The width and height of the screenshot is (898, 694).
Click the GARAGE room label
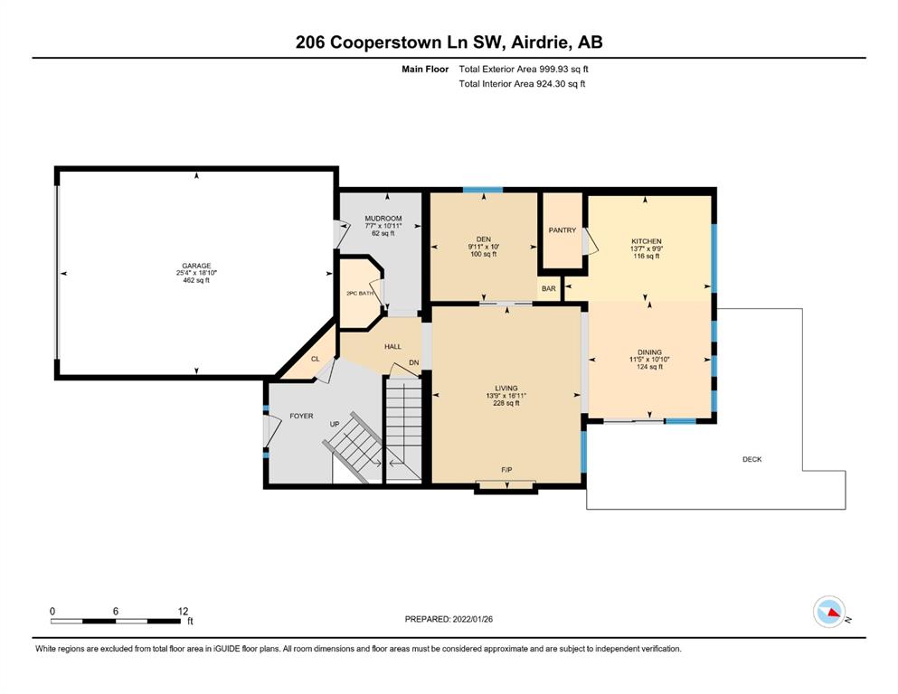(x=196, y=266)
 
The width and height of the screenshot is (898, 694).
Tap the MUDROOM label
(x=383, y=219)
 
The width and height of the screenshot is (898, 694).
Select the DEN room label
(x=483, y=239)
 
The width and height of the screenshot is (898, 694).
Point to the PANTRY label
(x=562, y=230)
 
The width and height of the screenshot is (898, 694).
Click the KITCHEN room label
(x=647, y=241)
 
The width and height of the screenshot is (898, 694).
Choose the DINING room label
(x=649, y=352)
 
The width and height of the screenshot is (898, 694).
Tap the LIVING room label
(x=506, y=389)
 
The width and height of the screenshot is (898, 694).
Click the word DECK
(x=752, y=459)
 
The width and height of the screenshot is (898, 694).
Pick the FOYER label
(x=301, y=416)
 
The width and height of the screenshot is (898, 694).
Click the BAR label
(x=549, y=289)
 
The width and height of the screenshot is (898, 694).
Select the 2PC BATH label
(x=360, y=294)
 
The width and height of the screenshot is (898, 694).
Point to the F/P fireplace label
(x=506, y=470)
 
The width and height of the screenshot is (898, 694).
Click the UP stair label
(x=335, y=424)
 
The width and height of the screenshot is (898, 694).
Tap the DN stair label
(x=414, y=362)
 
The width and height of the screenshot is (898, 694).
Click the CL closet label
(x=315, y=360)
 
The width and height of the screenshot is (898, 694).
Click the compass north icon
(x=829, y=612)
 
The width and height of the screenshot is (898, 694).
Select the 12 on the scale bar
(x=183, y=611)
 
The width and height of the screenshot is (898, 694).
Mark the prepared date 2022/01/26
(x=472, y=619)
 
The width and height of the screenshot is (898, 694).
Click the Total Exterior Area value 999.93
(x=552, y=70)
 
